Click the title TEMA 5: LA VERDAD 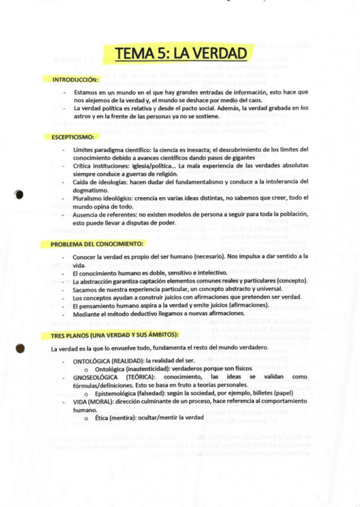click(180, 53)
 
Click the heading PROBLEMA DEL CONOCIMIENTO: click(97, 245)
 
